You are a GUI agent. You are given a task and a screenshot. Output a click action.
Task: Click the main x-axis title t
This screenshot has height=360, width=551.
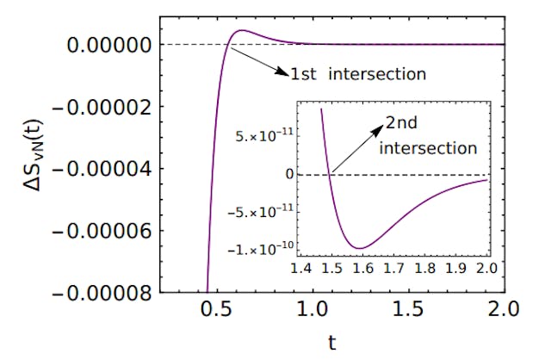[x=332, y=344]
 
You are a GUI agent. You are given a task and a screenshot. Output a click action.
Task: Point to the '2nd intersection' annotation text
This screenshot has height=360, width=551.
[x=429, y=136]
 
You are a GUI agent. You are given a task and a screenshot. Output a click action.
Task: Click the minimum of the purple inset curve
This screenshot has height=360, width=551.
[x=362, y=248]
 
